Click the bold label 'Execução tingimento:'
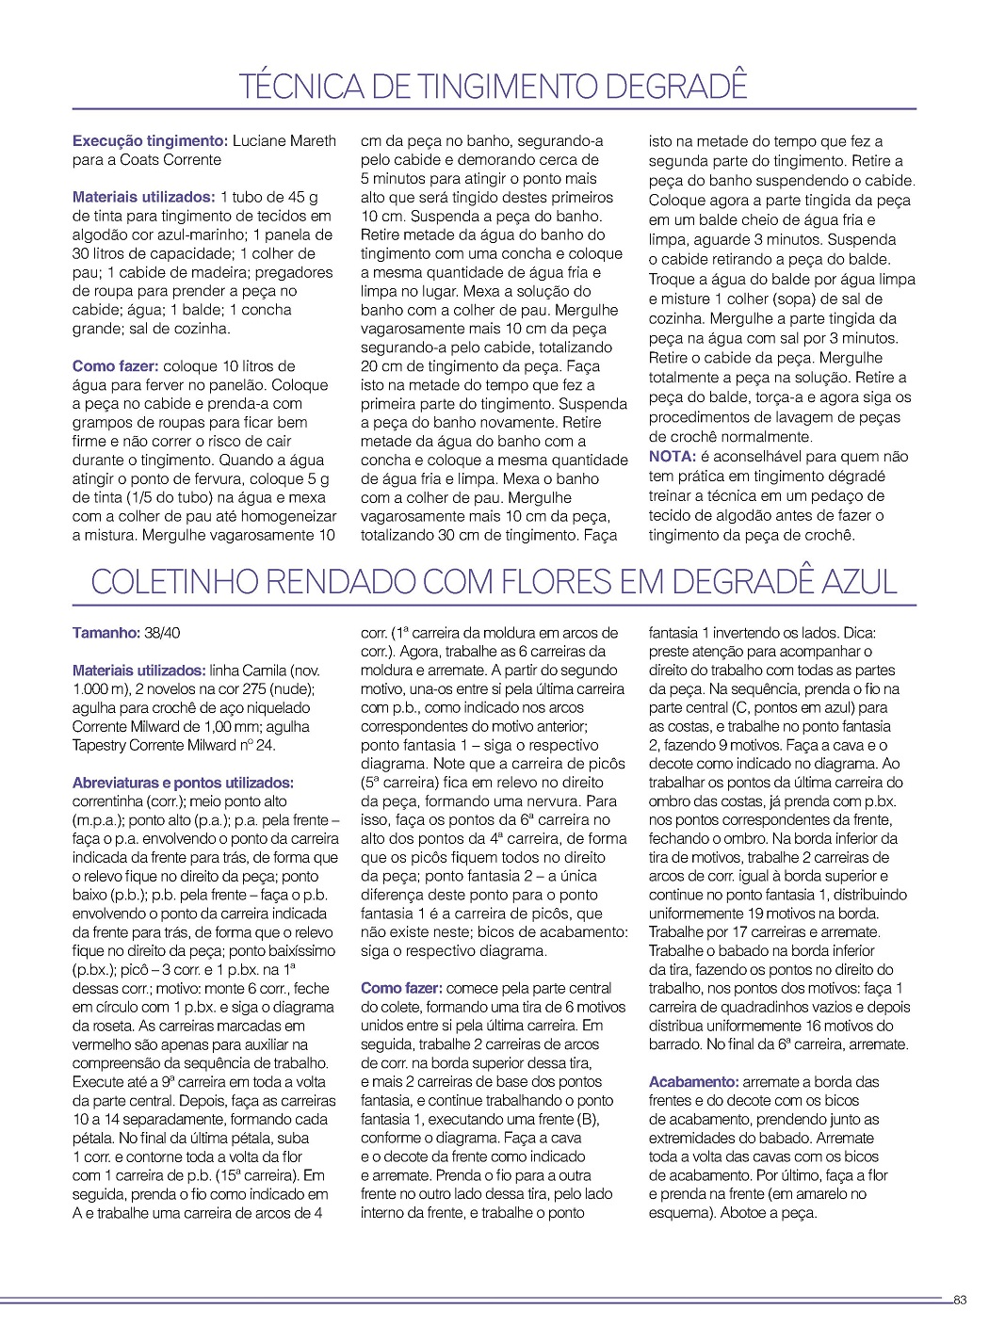tap(149, 141)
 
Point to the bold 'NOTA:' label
tap(672, 457)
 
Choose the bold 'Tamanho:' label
tap(105, 633)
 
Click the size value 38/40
tap(162, 633)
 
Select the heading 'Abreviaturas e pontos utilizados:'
tap(183, 783)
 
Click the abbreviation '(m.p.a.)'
tap(102, 820)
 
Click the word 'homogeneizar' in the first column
tap(291, 517)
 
